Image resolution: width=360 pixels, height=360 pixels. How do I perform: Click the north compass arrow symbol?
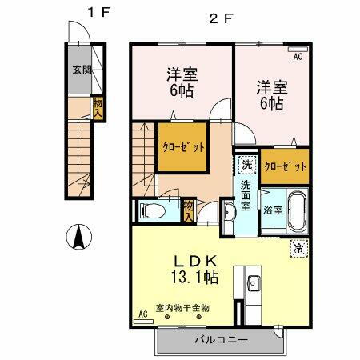pos(79,237)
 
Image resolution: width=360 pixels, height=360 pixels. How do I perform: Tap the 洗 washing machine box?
pos(246,164)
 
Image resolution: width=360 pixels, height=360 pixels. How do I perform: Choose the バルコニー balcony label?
pos(221,340)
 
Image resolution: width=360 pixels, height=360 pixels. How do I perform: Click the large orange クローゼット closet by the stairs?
pos(185,146)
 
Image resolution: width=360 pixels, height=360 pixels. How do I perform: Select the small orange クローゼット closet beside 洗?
pos(285,165)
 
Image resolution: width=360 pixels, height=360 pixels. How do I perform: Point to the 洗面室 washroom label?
pos(246,194)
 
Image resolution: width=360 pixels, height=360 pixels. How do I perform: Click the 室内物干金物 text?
pos(182,307)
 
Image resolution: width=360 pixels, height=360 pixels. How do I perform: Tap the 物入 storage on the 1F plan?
pos(97,106)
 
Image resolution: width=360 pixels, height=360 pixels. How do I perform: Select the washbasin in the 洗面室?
pos(228,213)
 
